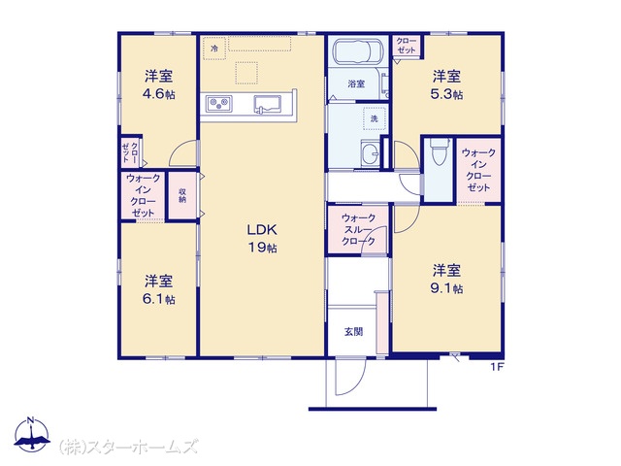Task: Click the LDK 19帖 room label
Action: (x=262, y=238)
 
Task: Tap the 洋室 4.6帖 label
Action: (x=159, y=84)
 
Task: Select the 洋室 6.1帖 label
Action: (x=159, y=289)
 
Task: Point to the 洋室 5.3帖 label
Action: (x=446, y=84)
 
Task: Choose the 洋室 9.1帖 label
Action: (x=446, y=279)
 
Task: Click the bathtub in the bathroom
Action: (x=359, y=51)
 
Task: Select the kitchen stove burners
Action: (x=219, y=104)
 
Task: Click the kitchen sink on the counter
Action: (x=268, y=104)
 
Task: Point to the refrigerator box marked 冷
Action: (x=214, y=49)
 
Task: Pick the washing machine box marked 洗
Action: (x=375, y=118)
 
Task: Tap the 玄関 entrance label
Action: (x=353, y=331)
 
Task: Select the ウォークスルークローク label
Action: (x=358, y=229)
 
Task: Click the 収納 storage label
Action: (x=182, y=195)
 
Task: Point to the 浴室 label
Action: (x=356, y=83)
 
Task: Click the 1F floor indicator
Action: (x=497, y=367)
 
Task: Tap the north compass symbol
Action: (x=32, y=434)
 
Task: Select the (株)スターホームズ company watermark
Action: (x=128, y=447)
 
